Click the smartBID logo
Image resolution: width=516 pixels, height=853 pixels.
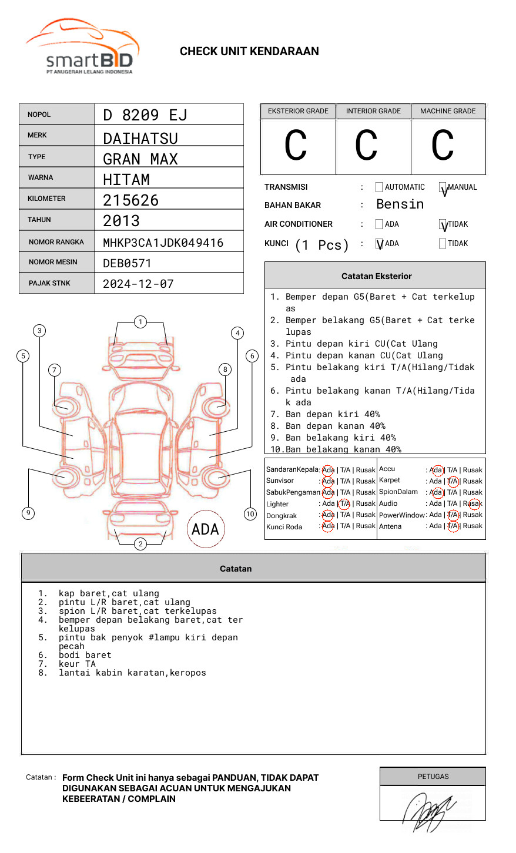[x=82, y=47]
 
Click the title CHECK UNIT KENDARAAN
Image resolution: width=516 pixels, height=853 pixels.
[x=249, y=52]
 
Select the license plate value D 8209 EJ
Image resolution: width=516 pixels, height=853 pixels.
[x=145, y=115]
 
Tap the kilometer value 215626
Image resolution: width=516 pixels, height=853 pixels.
[x=130, y=200]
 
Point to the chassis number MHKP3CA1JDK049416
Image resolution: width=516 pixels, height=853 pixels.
[x=163, y=243]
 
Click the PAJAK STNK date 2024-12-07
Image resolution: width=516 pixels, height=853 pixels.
[x=138, y=284]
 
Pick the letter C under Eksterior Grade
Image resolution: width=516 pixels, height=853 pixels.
[x=296, y=146]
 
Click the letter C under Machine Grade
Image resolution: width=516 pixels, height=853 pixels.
[x=443, y=146]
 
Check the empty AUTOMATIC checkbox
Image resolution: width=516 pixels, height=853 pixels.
[x=379, y=187]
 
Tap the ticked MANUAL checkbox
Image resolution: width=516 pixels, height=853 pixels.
[x=443, y=187]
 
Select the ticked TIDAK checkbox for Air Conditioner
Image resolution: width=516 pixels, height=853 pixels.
[x=443, y=224]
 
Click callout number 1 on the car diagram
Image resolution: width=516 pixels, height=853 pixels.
[x=140, y=322]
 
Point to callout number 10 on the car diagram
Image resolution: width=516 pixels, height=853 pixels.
[x=250, y=514]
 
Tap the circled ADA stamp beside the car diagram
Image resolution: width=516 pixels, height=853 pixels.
[x=206, y=529]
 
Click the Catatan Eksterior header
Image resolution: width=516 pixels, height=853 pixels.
[x=376, y=276]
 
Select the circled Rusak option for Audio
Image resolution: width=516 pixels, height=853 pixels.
[x=474, y=503]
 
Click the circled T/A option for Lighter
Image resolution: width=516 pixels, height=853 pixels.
[x=344, y=503]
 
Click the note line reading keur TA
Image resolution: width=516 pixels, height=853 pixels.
[x=76, y=664]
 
